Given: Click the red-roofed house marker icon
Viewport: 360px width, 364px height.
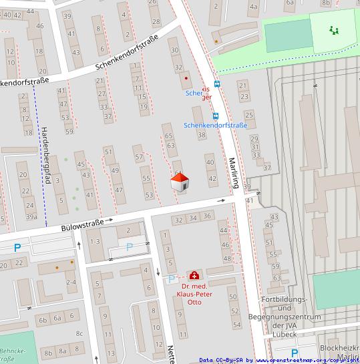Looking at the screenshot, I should [180, 182].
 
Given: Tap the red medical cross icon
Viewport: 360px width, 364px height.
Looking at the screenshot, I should [194, 275].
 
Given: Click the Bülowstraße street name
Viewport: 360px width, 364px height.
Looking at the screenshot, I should [82, 225].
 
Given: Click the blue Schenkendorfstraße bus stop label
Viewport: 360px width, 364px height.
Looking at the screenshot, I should [215, 125].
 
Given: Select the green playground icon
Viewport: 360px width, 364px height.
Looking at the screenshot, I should [333, 30].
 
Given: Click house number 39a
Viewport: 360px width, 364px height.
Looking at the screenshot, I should [31, 216].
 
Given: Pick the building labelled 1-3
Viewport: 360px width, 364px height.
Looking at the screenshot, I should [95, 240].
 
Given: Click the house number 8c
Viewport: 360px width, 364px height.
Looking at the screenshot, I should [79, 333].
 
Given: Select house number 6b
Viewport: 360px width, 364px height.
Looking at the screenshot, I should [43, 320].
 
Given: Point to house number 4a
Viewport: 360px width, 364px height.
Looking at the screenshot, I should [253, 7].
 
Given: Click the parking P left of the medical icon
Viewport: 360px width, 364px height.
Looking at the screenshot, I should [171, 279].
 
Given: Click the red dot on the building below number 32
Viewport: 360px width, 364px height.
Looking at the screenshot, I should [186, 78].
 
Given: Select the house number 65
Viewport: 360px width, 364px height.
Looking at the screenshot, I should [168, 136].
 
